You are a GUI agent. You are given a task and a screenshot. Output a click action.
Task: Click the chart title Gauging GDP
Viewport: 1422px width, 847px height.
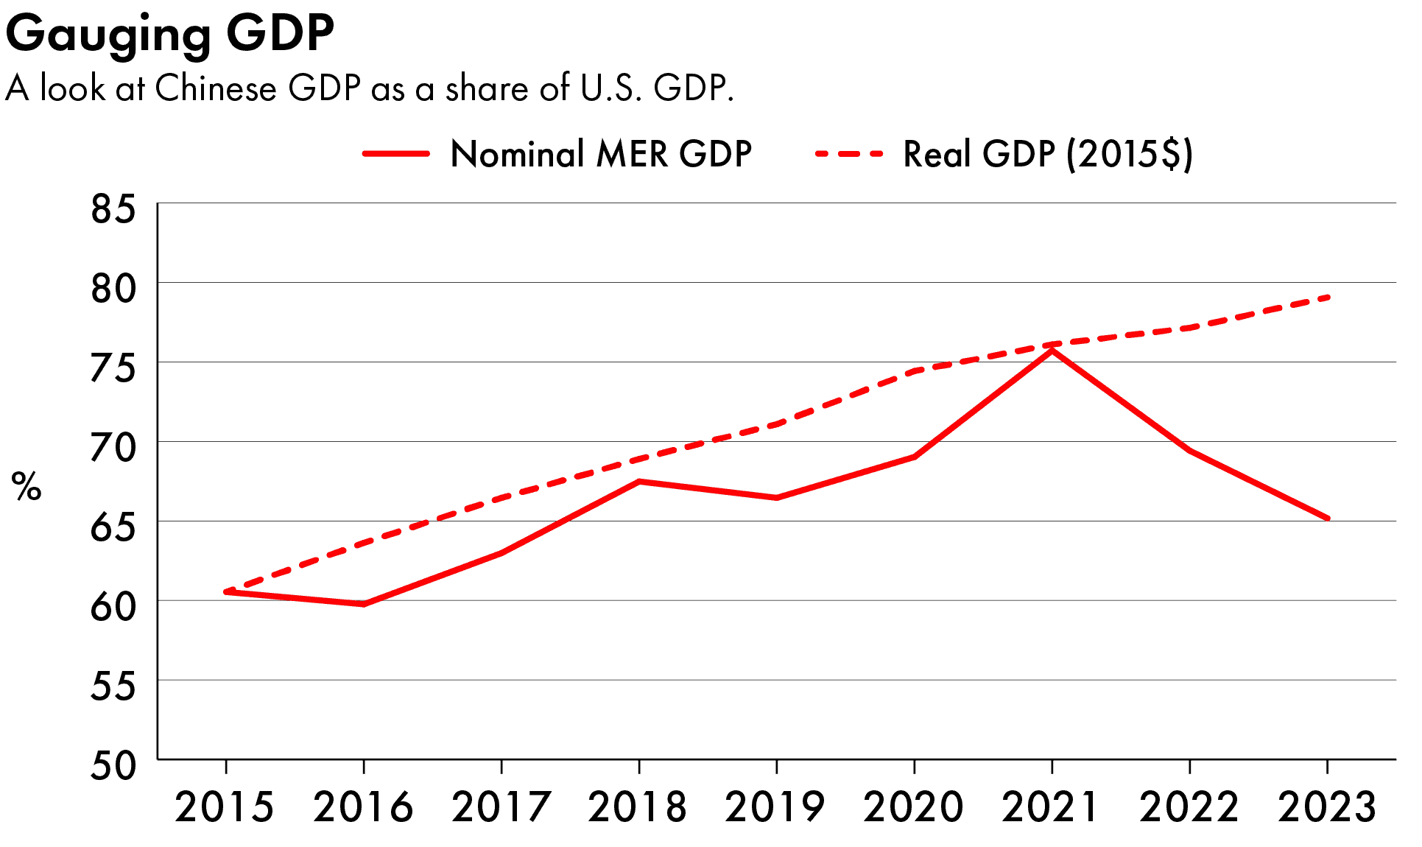click(x=169, y=34)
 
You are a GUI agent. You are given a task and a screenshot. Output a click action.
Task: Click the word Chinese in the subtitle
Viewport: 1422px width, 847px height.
click(x=216, y=88)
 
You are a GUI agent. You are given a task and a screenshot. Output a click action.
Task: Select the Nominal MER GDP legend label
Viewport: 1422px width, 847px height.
click(x=600, y=155)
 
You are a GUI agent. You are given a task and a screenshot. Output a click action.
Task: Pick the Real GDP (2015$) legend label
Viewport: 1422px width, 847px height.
click(x=1047, y=155)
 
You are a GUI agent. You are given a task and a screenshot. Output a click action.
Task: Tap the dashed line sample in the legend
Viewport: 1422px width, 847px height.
click(x=849, y=155)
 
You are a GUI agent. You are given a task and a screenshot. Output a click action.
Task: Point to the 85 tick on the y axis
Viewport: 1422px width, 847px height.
click(x=113, y=209)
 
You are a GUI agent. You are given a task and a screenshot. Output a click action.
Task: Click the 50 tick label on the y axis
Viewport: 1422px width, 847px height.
click(x=113, y=766)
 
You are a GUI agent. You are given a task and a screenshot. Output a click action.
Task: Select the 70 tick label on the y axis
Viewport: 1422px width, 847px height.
click(x=113, y=448)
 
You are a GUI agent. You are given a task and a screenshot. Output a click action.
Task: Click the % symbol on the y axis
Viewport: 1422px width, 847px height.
click(x=27, y=488)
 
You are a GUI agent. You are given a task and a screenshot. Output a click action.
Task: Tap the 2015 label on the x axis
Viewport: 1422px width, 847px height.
click(x=225, y=807)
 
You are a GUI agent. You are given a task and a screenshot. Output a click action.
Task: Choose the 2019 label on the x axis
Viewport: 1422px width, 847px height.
click(x=775, y=807)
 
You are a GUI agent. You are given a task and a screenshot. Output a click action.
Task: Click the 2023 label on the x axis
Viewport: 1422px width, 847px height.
click(x=1327, y=807)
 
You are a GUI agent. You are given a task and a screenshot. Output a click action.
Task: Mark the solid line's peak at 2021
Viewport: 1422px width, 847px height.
click(x=1052, y=351)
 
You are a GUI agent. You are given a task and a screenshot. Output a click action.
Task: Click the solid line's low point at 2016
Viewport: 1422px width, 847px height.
click(x=364, y=604)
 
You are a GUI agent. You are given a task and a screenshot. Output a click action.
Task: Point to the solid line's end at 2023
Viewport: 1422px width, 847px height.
click(x=1327, y=519)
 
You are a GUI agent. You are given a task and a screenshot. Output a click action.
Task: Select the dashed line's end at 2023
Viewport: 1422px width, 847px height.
click(x=1327, y=297)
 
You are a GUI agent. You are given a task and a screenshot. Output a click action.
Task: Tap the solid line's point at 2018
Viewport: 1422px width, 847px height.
click(x=639, y=482)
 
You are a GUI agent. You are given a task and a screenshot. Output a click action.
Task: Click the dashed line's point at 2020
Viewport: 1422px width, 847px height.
click(x=915, y=370)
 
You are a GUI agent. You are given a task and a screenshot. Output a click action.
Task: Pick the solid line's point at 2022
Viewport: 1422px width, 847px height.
click(x=1189, y=451)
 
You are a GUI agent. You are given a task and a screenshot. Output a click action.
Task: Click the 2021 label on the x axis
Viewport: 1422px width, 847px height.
click(x=1051, y=807)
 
